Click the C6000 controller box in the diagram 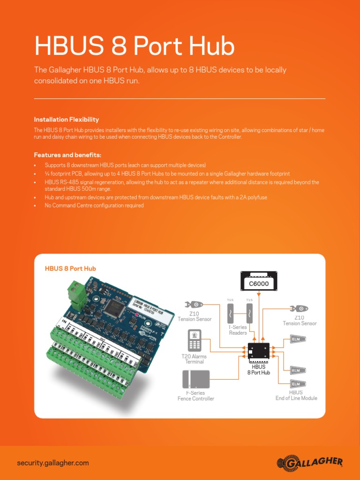(x=258, y=283)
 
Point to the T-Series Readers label (x=238, y=330)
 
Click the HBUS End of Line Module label (x=296, y=395)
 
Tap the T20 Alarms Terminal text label (x=194, y=359)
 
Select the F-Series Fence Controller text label (x=196, y=396)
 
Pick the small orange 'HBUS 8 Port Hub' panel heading (x=70, y=269)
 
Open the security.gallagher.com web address (x=52, y=463)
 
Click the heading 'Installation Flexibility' (x=66, y=120)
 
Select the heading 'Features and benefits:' (x=67, y=155)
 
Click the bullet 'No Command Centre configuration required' (x=94, y=205)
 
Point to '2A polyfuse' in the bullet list (x=254, y=197)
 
